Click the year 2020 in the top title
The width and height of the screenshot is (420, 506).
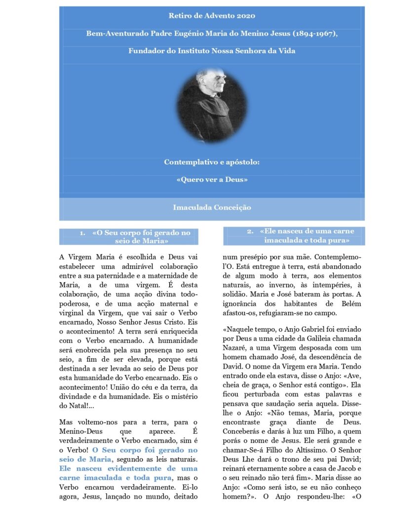click(x=246, y=16)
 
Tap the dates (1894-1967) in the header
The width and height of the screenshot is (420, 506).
click(x=315, y=34)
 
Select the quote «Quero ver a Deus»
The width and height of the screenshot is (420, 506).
click(x=212, y=179)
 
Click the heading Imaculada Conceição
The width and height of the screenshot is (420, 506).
click(x=212, y=208)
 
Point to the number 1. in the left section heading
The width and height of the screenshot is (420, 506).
click(x=83, y=233)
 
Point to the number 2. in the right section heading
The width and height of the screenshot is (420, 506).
click(x=250, y=231)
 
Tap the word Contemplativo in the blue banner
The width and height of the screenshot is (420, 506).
click(x=187, y=162)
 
